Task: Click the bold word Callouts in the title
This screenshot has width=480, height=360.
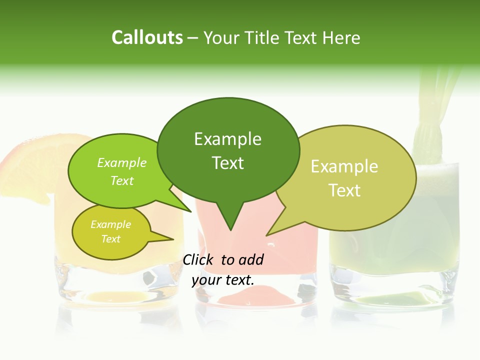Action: click(147, 37)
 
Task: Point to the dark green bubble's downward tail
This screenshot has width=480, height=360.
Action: click(229, 220)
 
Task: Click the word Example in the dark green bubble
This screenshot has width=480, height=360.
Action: click(227, 139)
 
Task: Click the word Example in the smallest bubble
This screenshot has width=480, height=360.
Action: click(110, 224)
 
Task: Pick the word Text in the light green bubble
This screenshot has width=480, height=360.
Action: click(122, 180)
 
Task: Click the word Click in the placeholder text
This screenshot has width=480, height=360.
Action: click(198, 259)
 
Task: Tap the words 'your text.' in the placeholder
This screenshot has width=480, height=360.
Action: click(223, 279)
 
